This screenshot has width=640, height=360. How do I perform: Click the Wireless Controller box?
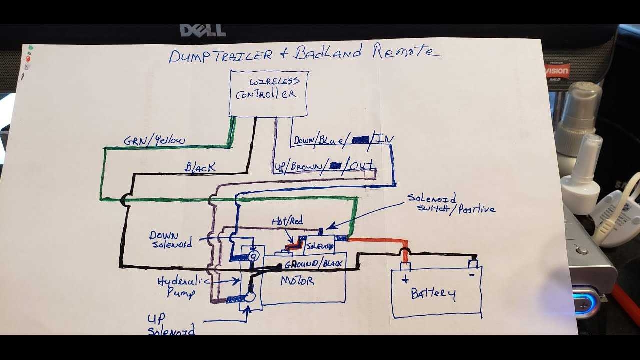[269, 93]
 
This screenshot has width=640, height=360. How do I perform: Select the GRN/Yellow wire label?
[154, 141]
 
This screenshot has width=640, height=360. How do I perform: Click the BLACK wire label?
[200, 168]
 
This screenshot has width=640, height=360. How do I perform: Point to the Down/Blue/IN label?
[342, 140]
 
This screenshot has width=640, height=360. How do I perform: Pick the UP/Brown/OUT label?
[324, 165]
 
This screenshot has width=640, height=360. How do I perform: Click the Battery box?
[436, 292]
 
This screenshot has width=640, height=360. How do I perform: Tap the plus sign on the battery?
[405, 280]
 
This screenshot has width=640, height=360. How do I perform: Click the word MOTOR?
[297, 281]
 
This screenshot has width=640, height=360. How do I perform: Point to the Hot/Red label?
[287, 221]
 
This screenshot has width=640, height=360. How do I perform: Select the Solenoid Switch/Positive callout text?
[450, 203]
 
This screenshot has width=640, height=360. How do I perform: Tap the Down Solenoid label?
[171, 239]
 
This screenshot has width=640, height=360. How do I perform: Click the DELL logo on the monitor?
[203, 31]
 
